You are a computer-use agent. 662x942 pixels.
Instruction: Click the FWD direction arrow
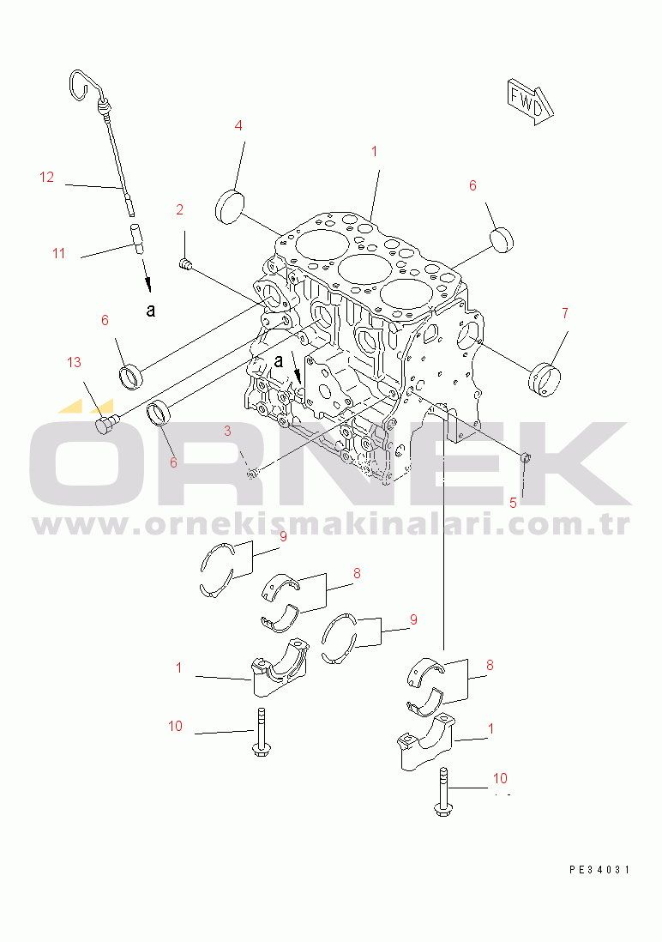pos(529,101)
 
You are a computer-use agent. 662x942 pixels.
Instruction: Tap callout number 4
pos(238,125)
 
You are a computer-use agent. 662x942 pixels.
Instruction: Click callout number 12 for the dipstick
pos(47,177)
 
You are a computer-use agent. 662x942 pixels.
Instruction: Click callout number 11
pos(58,253)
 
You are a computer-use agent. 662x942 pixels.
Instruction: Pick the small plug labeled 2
pos(185,263)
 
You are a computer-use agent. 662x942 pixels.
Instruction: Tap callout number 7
pos(565,313)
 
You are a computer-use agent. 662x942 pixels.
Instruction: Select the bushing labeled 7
pos(545,379)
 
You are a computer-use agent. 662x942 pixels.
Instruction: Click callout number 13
pos(74,362)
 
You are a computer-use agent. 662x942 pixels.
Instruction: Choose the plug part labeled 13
pos(106,424)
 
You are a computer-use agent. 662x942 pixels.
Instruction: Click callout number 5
pos(513,503)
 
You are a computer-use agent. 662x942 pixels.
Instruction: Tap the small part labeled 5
pos(525,457)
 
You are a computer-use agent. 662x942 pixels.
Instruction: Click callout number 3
pos(228,431)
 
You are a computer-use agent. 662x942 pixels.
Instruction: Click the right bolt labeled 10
pos(442,791)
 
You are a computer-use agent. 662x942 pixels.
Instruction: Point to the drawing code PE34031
pos(599,869)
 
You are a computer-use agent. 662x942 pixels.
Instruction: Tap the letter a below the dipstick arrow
pos(151,310)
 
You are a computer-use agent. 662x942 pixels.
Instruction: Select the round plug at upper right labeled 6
pos(503,239)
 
